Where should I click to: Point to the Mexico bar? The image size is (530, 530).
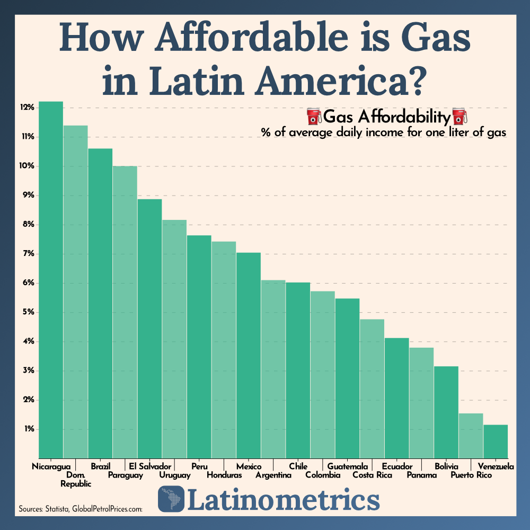point(248,355)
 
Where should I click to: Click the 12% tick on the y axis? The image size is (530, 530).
point(28,108)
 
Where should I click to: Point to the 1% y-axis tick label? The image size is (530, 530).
point(29,429)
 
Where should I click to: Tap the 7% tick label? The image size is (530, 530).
point(28,254)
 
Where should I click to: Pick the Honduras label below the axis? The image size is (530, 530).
point(224,475)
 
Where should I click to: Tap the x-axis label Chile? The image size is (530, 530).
point(298,466)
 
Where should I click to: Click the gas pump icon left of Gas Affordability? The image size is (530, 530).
point(313,116)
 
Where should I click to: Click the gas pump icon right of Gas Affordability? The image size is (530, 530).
point(457,116)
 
